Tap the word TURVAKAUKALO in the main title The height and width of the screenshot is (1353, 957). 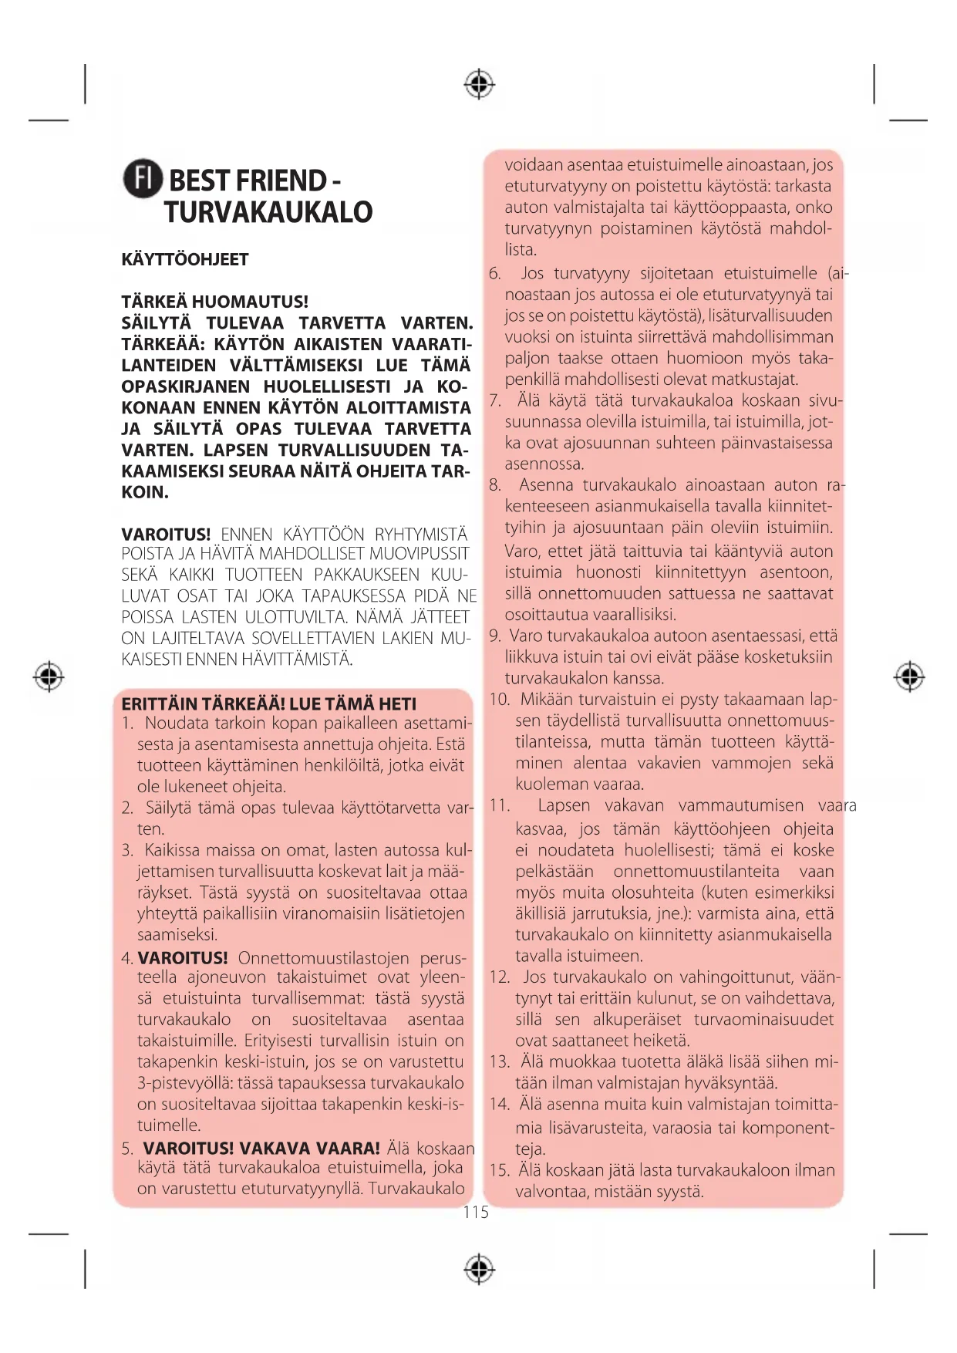(268, 212)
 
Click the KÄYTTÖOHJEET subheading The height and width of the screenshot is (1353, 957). (185, 259)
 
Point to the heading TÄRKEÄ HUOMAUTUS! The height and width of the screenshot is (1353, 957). (214, 302)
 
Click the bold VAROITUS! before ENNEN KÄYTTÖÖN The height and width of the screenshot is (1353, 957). (166, 535)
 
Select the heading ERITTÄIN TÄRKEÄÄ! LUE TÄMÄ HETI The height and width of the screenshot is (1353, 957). (268, 703)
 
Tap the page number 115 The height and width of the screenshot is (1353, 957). (476, 1213)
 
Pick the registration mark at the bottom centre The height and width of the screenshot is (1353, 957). (479, 1269)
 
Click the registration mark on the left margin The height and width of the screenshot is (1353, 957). (49, 676)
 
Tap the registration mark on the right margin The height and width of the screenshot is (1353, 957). (909, 676)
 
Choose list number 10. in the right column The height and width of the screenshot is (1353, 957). (500, 700)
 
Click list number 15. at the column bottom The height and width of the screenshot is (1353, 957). (500, 1170)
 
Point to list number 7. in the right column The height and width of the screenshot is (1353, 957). (495, 401)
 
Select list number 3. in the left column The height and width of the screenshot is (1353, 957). (127, 851)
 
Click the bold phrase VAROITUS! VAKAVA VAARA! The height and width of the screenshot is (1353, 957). (261, 1149)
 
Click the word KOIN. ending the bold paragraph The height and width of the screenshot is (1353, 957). (145, 492)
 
